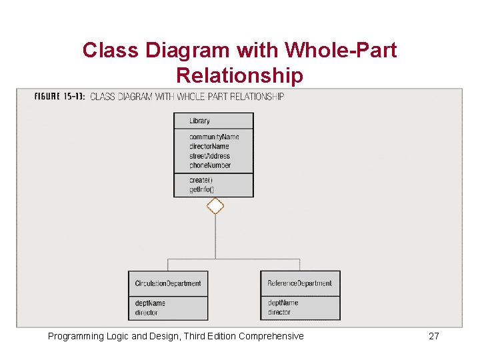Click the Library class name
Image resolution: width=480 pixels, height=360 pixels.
[199, 121]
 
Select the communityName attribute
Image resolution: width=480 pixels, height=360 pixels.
[213, 137]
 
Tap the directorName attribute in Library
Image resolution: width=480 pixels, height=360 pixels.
[209, 146]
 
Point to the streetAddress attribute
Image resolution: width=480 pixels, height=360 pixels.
[209, 156]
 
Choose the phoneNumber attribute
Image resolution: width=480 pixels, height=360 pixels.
[209, 165]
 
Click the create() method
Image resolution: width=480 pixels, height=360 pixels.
[201, 180]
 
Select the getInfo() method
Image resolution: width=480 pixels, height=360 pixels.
[201, 189]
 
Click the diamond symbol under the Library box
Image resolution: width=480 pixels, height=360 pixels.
[215, 206]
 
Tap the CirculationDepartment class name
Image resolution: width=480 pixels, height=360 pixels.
[167, 283]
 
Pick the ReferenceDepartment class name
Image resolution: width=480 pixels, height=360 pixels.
[299, 283]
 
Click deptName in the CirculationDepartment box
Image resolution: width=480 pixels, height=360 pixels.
[150, 303]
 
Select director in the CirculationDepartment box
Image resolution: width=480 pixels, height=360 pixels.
[146, 312]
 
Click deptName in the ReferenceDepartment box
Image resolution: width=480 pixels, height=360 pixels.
[283, 303]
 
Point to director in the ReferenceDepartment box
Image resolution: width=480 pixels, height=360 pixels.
[279, 312]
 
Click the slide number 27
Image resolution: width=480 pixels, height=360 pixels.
[433, 336]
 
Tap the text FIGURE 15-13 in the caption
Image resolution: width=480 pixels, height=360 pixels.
[59, 97]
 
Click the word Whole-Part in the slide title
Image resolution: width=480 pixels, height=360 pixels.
[341, 50]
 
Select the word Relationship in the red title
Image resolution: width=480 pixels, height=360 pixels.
[239, 75]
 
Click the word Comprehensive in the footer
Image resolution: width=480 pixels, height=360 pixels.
[271, 336]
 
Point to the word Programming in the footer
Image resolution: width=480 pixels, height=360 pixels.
[76, 336]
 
